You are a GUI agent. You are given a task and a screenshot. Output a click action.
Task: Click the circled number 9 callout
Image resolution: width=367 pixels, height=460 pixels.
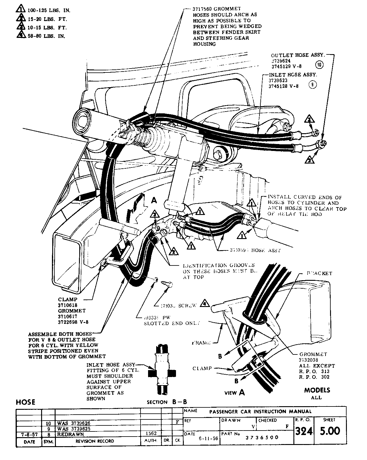312,85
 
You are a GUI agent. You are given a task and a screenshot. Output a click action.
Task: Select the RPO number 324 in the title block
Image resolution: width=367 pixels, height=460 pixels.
304,431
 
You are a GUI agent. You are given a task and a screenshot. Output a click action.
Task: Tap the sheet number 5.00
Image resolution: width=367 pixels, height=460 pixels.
329,431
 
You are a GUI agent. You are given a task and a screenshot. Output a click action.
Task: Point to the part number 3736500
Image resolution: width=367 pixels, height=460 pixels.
262,437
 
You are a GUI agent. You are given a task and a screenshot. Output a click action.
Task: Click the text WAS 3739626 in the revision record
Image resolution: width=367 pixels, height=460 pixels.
73,423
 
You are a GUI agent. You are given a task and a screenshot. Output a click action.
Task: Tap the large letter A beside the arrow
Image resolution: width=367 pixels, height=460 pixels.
154,200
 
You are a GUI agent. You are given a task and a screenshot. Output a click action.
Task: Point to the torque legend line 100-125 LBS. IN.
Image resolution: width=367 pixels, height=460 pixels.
49,11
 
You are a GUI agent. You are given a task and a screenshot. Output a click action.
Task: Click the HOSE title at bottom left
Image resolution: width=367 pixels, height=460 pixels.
26,402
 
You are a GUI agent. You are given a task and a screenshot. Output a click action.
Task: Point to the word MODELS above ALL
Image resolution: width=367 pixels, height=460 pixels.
317,390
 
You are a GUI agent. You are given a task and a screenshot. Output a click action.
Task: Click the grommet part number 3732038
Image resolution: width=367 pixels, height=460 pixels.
309,360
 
